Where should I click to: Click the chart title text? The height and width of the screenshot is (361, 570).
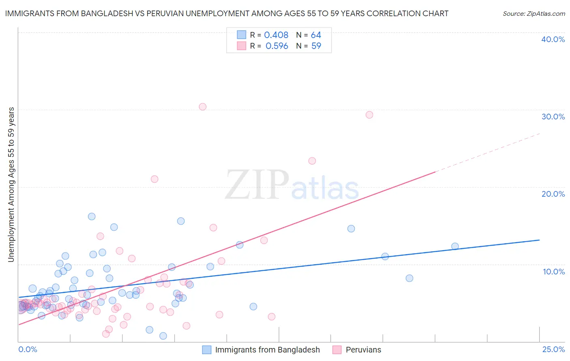click(x=227, y=13)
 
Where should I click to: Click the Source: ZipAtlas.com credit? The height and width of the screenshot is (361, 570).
click(x=534, y=13)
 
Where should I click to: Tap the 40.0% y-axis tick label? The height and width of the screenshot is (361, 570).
click(x=553, y=39)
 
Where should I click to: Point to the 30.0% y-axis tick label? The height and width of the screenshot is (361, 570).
click(x=553, y=117)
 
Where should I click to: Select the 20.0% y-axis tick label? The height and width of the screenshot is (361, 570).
click(x=553, y=194)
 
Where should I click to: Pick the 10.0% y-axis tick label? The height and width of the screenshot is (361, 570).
click(x=554, y=272)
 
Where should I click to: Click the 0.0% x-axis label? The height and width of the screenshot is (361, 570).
click(x=28, y=349)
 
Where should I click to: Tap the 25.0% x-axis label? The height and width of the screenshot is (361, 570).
click(x=553, y=349)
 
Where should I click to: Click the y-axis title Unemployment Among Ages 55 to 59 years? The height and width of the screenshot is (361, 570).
click(x=11, y=185)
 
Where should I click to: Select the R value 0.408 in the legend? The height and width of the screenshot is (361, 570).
click(x=276, y=35)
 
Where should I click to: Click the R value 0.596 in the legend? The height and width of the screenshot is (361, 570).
click(x=277, y=46)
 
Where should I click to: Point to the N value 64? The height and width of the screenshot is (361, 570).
click(x=316, y=35)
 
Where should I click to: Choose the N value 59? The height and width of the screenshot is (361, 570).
click(x=316, y=46)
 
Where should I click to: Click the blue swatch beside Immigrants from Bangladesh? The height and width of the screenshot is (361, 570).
click(x=207, y=350)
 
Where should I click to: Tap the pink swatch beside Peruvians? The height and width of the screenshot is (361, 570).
click(x=337, y=350)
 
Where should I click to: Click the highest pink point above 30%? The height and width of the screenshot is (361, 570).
click(x=203, y=107)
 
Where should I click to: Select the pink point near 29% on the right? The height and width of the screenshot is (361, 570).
click(x=369, y=115)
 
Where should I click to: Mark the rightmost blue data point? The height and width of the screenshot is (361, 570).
click(x=455, y=246)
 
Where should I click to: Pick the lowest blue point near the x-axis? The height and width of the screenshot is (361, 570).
click(x=163, y=336)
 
